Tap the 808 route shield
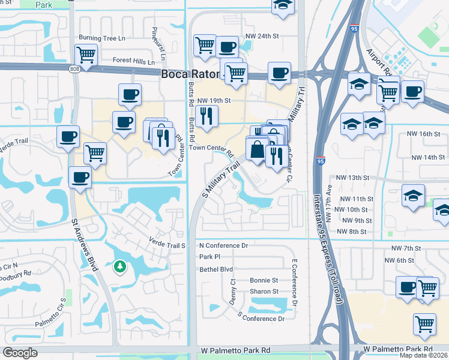pos(74,70)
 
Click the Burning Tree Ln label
pos(106,38)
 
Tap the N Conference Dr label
pos(223,245)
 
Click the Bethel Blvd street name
pos(215,269)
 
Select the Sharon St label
pos(264,292)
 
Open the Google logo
pos(20,353)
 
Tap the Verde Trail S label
pos(167,245)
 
